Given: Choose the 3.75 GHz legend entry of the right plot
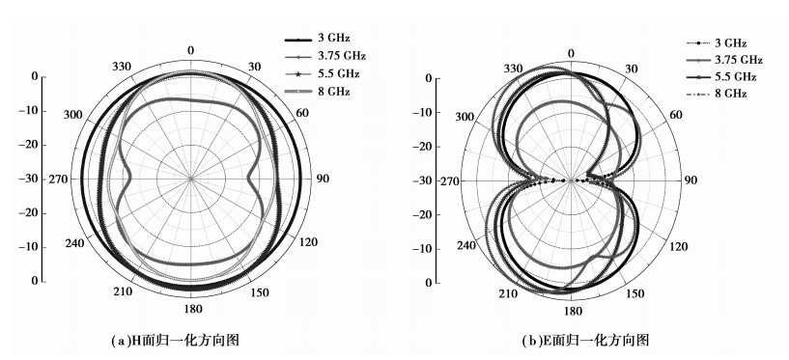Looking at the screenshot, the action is [x=724, y=61].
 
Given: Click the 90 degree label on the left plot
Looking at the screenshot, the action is [x=324, y=179].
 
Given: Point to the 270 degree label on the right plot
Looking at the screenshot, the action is [x=449, y=181].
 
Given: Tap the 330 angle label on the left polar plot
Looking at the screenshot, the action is [x=122, y=67].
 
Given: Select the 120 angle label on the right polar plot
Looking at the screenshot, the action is [x=679, y=247].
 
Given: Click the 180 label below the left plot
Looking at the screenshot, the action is [x=193, y=309].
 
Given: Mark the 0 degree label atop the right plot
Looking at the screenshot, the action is [x=571, y=54].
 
